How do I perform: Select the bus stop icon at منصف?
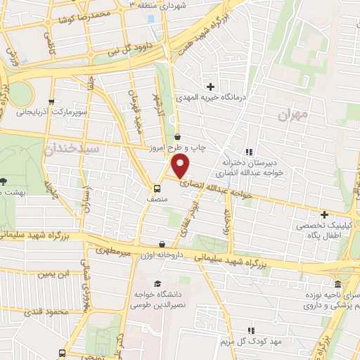click(x=157, y=188)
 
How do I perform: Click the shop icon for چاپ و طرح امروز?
click(x=176, y=137)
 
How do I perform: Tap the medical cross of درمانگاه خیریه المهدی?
click(x=209, y=86)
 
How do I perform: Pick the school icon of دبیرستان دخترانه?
click(x=247, y=151)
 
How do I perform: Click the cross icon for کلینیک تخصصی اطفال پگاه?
click(x=323, y=214)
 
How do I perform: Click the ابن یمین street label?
click(x=55, y=274)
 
